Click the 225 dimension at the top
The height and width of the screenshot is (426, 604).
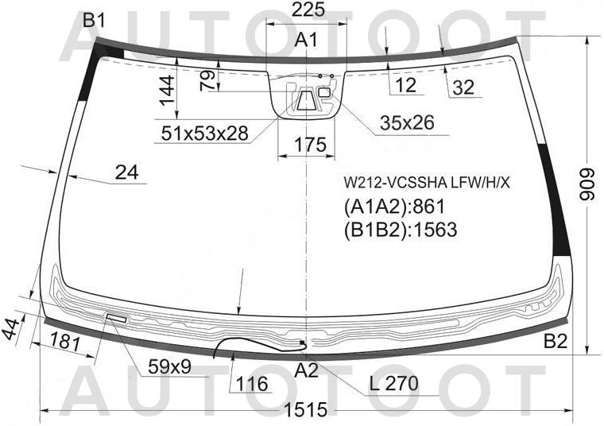308,10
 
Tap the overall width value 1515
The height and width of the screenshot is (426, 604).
307,410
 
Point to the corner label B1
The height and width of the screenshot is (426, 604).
94,21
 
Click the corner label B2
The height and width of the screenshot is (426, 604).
556,341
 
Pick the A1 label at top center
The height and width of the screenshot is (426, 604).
306,40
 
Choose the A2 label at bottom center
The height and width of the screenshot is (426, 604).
307,370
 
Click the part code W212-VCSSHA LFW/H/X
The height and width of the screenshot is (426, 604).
427,183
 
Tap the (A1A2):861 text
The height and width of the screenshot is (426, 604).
394,207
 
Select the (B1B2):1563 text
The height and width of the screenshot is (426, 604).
401,230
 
